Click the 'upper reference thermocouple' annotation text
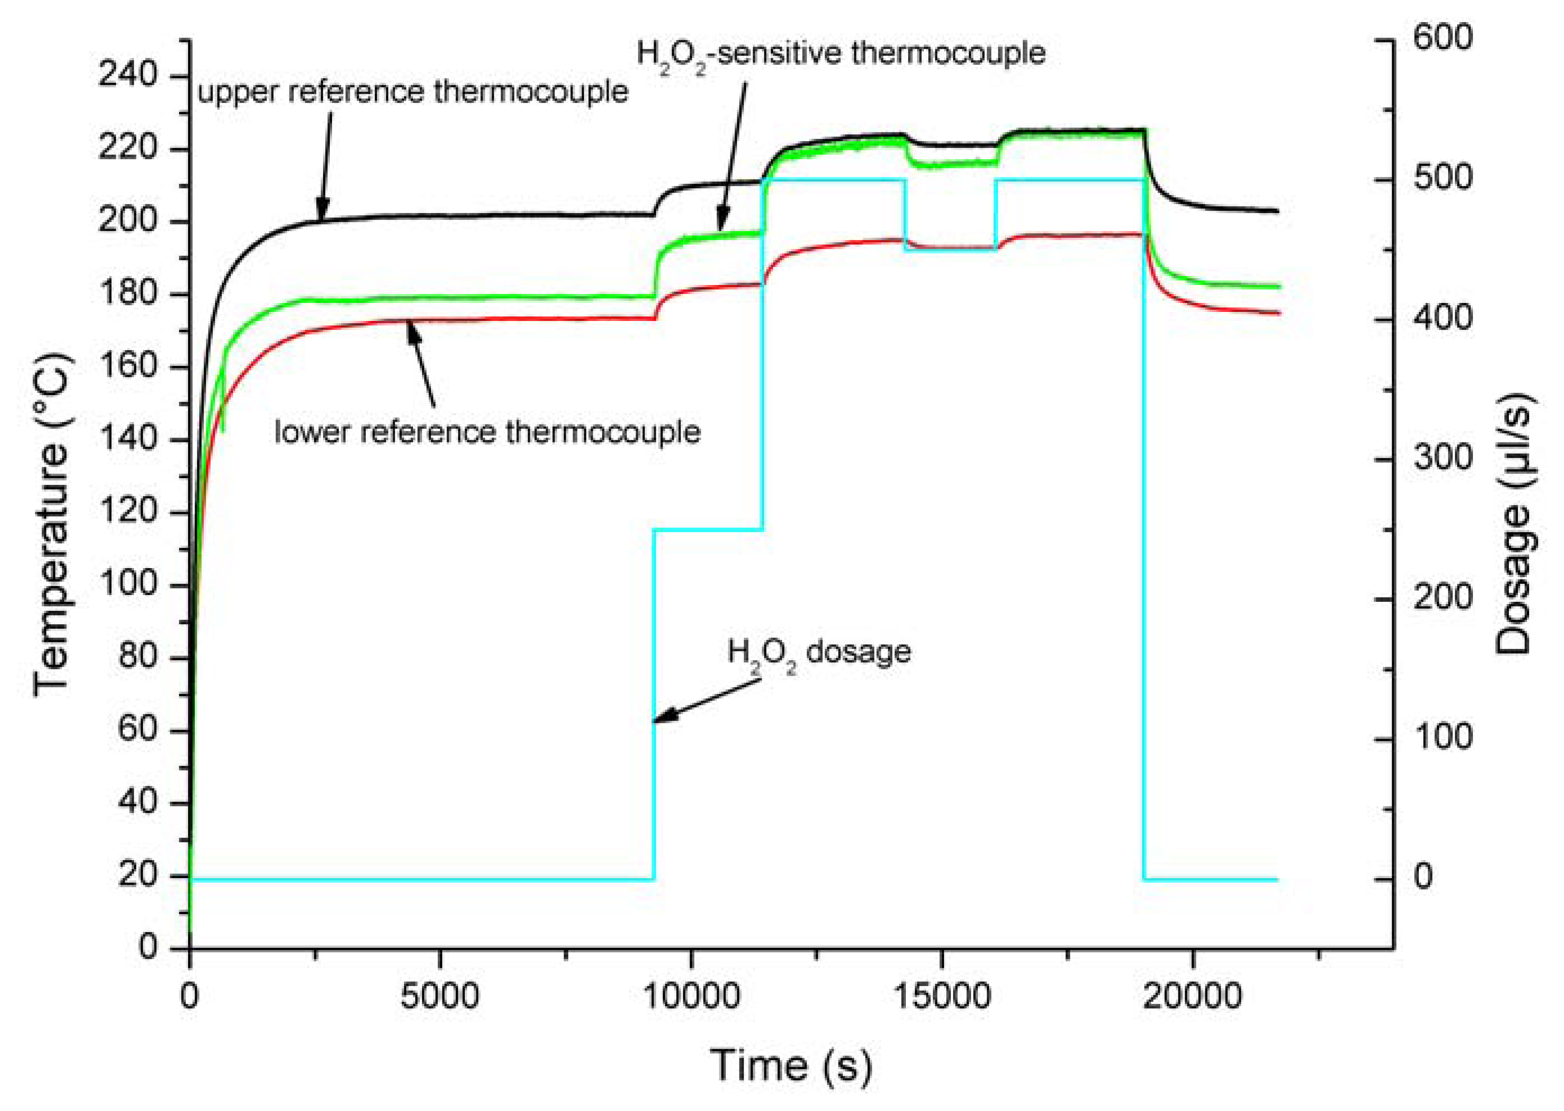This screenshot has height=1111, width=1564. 412,91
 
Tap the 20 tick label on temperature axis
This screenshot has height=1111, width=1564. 138,875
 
